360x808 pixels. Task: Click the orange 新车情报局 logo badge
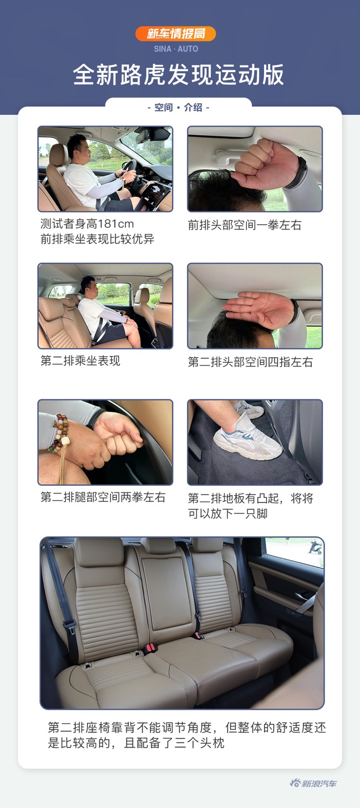pyautogui.click(x=176, y=34)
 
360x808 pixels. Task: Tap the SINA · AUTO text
pyautogui.click(x=176, y=49)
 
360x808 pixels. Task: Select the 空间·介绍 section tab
pyautogui.click(x=178, y=108)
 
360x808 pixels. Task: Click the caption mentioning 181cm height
pyautogui.click(x=87, y=224)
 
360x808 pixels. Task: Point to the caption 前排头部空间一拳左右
pyautogui.click(x=245, y=225)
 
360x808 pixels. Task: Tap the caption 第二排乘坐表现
pyautogui.click(x=80, y=361)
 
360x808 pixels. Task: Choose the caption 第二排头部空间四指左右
pyautogui.click(x=251, y=362)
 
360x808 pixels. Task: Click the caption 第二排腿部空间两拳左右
pyautogui.click(x=103, y=497)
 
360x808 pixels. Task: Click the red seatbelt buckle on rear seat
pyautogui.click(x=150, y=647)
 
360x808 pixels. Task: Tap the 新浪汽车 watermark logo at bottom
pyautogui.click(x=313, y=783)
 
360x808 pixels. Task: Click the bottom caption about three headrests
pyautogui.click(x=186, y=735)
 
